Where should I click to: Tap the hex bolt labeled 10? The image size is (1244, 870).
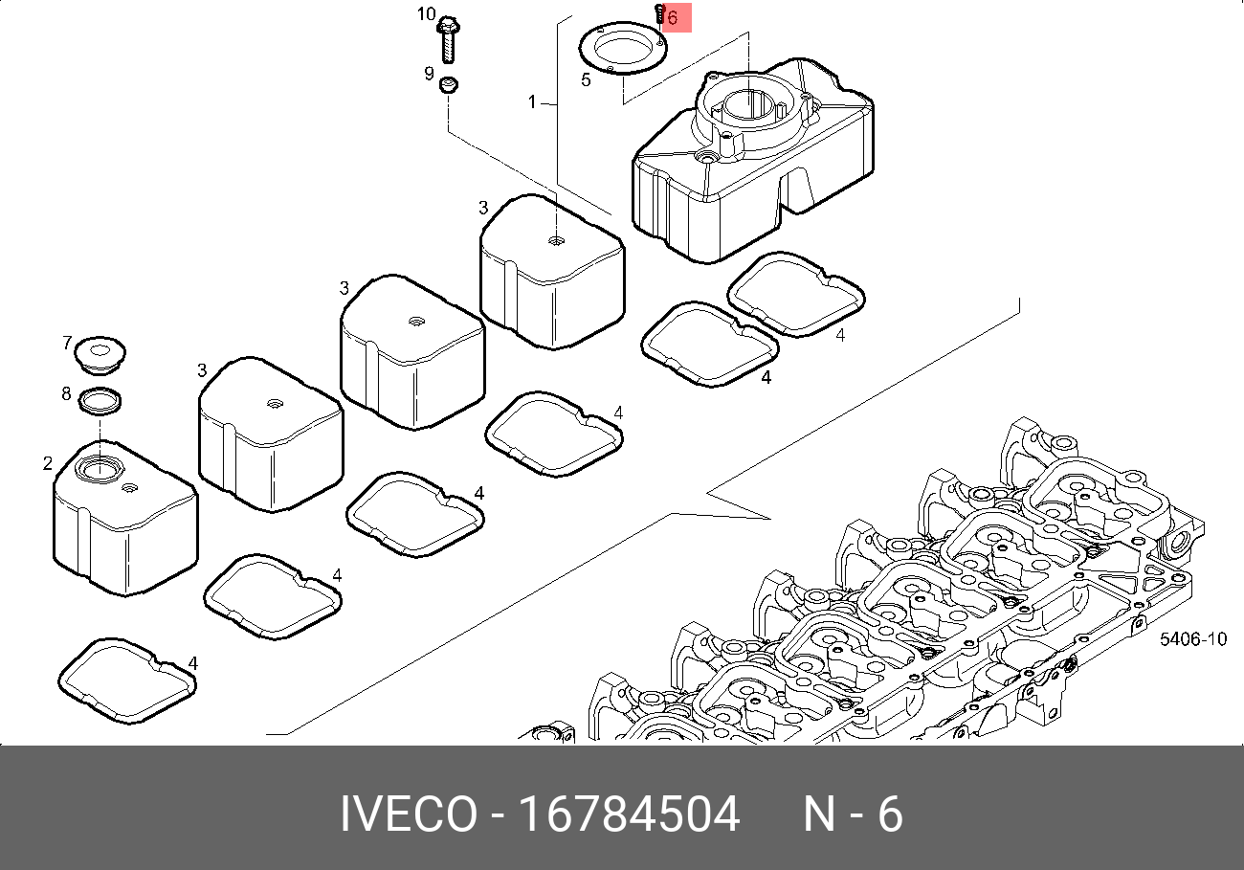click(448, 40)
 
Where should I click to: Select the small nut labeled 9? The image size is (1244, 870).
click(448, 85)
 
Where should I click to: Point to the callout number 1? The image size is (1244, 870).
click(532, 102)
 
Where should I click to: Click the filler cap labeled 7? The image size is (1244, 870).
click(100, 354)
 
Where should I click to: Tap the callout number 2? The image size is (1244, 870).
click(48, 463)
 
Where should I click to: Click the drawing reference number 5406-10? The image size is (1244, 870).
click(1193, 639)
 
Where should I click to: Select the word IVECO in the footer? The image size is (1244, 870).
click(409, 814)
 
